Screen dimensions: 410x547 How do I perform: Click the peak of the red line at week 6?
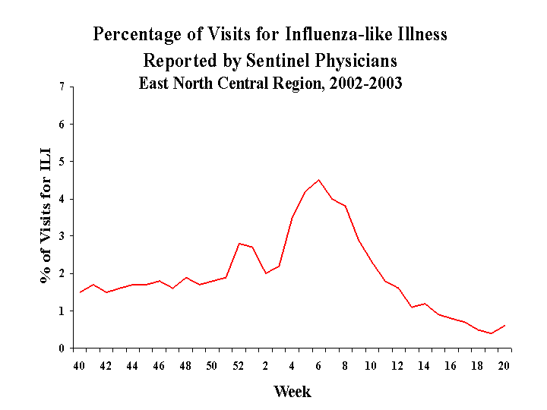click(319, 180)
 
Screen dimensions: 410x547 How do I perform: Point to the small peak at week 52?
click(239, 244)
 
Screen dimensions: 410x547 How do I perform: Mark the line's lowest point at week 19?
click(491, 333)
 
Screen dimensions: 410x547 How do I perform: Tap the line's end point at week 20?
click(504, 326)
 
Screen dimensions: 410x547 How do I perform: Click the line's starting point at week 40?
click(80, 292)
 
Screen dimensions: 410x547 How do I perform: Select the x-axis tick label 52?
click(239, 366)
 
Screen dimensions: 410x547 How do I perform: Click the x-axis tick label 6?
click(318, 366)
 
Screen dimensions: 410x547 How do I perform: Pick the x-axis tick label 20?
click(504, 366)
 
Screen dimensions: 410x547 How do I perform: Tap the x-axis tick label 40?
click(79, 366)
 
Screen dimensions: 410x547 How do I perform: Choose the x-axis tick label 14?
click(424, 366)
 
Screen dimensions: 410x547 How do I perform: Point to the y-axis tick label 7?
click(61, 87)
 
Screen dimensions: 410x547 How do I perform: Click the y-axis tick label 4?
click(61, 199)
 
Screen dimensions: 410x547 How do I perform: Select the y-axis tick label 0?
click(61, 348)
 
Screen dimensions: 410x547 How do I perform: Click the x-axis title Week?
click(292, 392)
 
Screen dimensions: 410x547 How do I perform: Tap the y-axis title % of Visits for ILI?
click(46, 217)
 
